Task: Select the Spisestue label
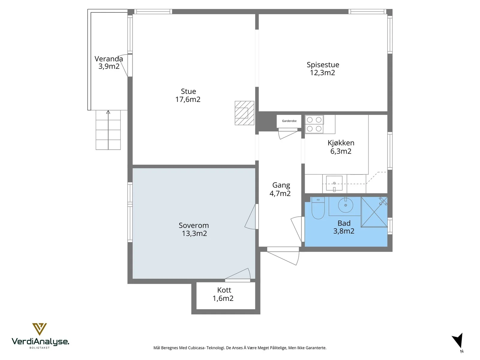pyautogui.click(x=323, y=65)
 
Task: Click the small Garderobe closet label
pyautogui.click(x=289, y=121)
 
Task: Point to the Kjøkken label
pyautogui.click(x=341, y=143)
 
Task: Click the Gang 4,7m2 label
pyautogui.click(x=280, y=189)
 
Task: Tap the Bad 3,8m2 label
pyautogui.click(x=344, y=227)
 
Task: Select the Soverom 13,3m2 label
pyautogui.click(x=194, y=229)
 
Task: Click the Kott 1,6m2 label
pyautogui.click(x=223, y=294)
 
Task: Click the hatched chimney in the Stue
pyautogui.click(x=244, y=113)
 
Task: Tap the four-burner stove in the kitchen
pyautogui.click(x=314, y=124)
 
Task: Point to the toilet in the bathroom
pyautogui.click(x=318, y=208)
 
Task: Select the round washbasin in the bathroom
pyautogui.click(x=346, y=205)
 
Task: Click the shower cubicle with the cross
pyautogui.click(x=374, y=212)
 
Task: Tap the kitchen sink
pyautogui.click(x=334, y=183)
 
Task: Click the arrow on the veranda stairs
pyautogui.click(x=108, y=130)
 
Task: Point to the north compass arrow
pyautogui.click(x=458, y=340)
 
